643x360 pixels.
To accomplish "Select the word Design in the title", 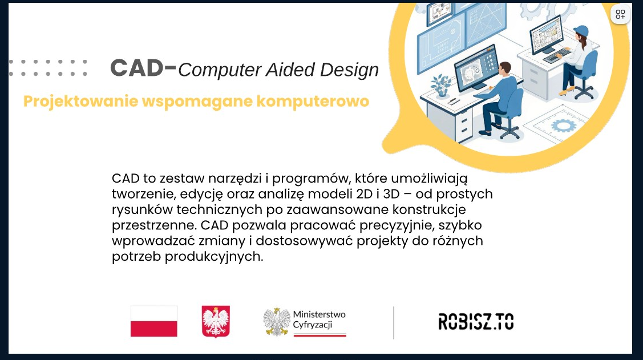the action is point(349,70).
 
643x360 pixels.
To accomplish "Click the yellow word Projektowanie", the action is point(80,102).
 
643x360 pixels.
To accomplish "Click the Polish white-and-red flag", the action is point(154,321).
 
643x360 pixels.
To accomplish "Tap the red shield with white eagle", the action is point(216,321).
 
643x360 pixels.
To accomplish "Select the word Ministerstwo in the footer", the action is point(319,314).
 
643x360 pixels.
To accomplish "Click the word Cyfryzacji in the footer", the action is point(312,325).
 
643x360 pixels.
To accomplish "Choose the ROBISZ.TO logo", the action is point(476,321).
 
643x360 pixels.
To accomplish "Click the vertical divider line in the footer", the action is point(394,323).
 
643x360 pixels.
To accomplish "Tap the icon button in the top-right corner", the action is point(620,14).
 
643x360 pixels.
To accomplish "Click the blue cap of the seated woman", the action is point(581,31).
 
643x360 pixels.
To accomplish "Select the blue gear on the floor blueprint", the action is point(564,126).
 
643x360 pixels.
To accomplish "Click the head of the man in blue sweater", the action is point(505,69).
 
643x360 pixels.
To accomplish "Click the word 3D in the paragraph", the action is point(391,193).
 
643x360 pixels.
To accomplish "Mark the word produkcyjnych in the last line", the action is point(213,257).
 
